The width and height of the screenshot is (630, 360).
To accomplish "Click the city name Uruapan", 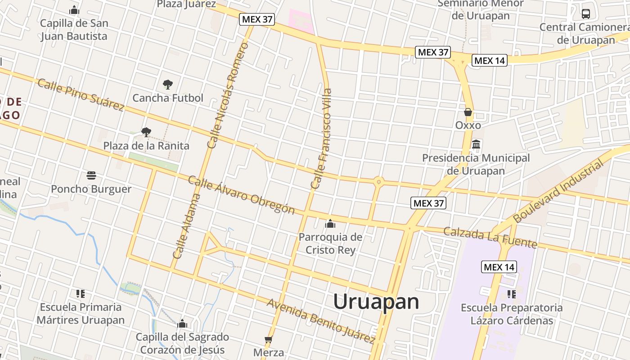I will [376, 301].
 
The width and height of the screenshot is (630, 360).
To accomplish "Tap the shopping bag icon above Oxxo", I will [468, 112].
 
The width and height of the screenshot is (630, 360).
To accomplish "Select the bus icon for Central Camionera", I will [585, 13].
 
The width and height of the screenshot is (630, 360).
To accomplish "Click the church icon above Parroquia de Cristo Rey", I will [330, 224].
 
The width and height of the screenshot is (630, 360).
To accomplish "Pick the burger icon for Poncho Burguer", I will [91, 175].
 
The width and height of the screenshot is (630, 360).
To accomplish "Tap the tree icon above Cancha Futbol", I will [167, 84].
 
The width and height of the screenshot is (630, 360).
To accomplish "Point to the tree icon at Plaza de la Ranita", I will [146, 132].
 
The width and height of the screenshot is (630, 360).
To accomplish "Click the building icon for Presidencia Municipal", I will [476, 145].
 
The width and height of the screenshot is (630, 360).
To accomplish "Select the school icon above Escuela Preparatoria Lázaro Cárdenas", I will [511, 294].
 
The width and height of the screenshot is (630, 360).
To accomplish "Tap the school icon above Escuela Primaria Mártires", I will [81, 294].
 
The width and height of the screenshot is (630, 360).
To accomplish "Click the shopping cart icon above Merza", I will [269, 339].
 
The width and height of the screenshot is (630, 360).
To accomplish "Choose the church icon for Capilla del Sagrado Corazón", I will [182, 324].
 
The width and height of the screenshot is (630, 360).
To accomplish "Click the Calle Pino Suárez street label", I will [81, 95].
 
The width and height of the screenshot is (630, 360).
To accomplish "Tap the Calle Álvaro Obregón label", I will [241, 195].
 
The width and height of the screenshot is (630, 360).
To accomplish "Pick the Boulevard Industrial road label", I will [558, 191].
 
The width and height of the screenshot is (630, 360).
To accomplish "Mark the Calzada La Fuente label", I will [490, 238].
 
